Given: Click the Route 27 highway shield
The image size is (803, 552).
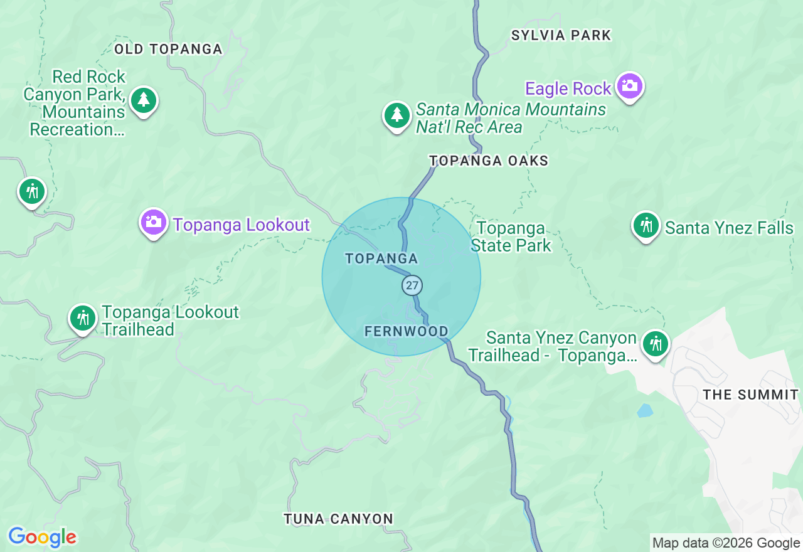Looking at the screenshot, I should coord(412,285).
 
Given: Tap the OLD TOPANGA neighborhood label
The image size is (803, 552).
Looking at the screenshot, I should coord(169,49).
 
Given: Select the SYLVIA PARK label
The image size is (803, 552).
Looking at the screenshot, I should coord(561,35).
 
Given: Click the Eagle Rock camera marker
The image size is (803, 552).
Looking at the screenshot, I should coord(629,86).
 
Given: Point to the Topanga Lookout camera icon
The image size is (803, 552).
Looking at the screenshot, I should coord(154,222).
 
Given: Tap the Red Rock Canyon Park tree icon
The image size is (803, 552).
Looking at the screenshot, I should coord(144,100).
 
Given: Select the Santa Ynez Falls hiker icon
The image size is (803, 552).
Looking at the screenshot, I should coord(646,225).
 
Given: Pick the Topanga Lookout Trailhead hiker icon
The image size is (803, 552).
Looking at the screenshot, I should coord(83,318).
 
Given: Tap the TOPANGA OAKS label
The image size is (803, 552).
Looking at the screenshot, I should coord(489,161).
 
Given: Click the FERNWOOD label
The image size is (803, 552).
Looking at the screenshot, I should coord(407,331).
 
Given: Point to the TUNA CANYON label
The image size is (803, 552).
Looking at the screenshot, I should coord(338,519).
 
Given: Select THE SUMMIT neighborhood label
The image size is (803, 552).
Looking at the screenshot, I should coord(750,395).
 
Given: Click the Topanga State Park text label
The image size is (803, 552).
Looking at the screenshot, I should coord(511,236).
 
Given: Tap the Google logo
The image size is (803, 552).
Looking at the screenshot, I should coord(42,537).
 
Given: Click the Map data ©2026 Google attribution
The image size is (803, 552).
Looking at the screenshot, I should coord(726,543).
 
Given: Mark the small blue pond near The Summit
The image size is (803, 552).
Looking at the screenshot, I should coord(644,411).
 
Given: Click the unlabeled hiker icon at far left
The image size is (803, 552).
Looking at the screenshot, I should coord(31,191).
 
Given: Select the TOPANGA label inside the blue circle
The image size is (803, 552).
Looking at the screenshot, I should coord(381,258).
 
